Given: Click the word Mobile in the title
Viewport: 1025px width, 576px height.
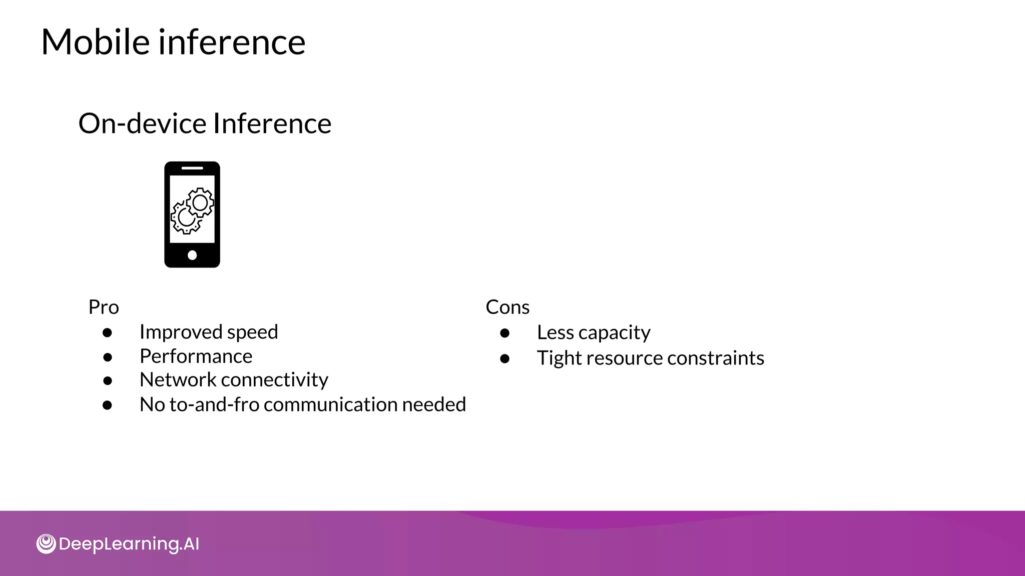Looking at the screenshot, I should [95, 42].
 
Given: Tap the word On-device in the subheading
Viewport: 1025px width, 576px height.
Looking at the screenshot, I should [142, 123].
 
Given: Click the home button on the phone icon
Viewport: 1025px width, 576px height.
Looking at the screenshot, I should [192, 255].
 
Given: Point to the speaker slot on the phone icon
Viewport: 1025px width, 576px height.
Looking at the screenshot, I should [192, 168].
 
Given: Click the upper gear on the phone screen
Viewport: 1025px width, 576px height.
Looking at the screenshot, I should [200, 202].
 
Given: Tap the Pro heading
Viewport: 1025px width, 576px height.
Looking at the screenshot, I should [104, 307].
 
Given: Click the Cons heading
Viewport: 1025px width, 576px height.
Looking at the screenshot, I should [507, 307].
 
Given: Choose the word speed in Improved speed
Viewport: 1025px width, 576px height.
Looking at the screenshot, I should [252, 332].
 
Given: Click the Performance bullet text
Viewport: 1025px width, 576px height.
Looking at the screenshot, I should [196, 356].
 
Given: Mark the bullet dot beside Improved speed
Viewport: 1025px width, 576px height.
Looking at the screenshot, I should [107, 333].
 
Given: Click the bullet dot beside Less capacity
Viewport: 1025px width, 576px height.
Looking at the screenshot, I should [504, 333].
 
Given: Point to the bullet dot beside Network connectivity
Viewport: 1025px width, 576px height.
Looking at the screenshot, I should [107, 381].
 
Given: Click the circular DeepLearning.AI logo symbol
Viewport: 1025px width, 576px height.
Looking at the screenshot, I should [46, 543].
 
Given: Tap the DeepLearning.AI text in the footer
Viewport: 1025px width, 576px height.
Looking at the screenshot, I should [129, 544].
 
